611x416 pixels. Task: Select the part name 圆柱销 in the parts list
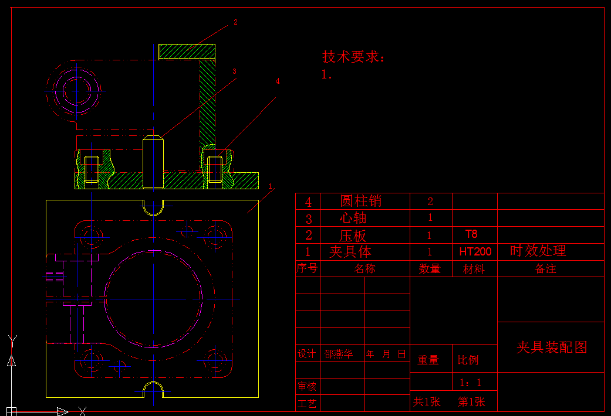click(361, 201)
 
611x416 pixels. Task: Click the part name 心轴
click(353, 218)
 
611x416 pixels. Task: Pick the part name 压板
click(353, 236)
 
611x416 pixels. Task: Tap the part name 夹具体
click(350, 252)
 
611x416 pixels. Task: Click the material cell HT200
click(475, 252)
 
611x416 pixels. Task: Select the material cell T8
click(471, 234)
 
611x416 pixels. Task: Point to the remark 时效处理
click(538, 251)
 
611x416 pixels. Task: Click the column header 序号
click(306, 268)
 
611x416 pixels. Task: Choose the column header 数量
click(430, 269)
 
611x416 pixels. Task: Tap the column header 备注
click(545, 269)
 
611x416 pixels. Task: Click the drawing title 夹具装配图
click(552, 347)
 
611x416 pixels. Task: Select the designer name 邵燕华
click(339, 354)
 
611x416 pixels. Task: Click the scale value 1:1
click(471, 383)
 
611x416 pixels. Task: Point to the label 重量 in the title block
click(428, 360)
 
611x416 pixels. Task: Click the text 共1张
click(427, 402)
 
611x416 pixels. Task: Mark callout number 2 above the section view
click(235, 22)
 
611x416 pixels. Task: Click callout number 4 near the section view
click(278, 81)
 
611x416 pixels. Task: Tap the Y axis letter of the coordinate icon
click(12, 339)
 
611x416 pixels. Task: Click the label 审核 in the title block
click(306, 387)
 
